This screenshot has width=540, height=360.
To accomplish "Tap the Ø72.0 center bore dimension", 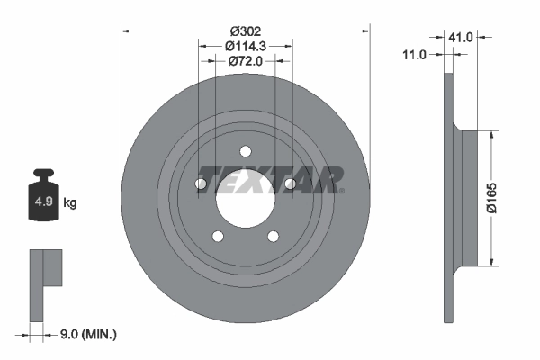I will (245, 61).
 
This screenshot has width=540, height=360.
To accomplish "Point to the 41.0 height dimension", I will (461, 38).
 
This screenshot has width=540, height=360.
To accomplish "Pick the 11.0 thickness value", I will (414, 55).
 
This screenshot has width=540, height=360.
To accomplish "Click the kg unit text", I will (70, 203).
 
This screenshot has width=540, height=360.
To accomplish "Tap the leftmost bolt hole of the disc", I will (202, 184).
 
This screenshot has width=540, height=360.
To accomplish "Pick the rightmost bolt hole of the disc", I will (290, 184).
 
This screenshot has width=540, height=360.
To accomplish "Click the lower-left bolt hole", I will (218, 237).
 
